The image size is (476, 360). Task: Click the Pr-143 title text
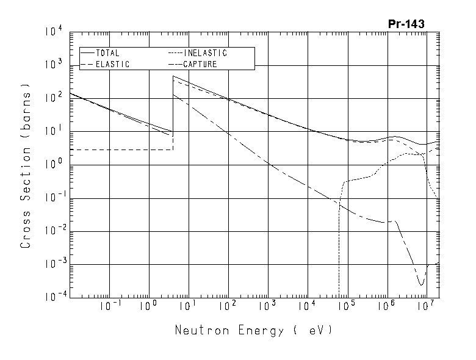(406, 24)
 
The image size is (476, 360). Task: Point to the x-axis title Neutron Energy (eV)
(254, 331)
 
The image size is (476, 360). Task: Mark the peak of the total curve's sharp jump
(173, 76)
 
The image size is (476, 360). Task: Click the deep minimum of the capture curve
(420, 285)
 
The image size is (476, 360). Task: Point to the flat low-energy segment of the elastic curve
(122, 149)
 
